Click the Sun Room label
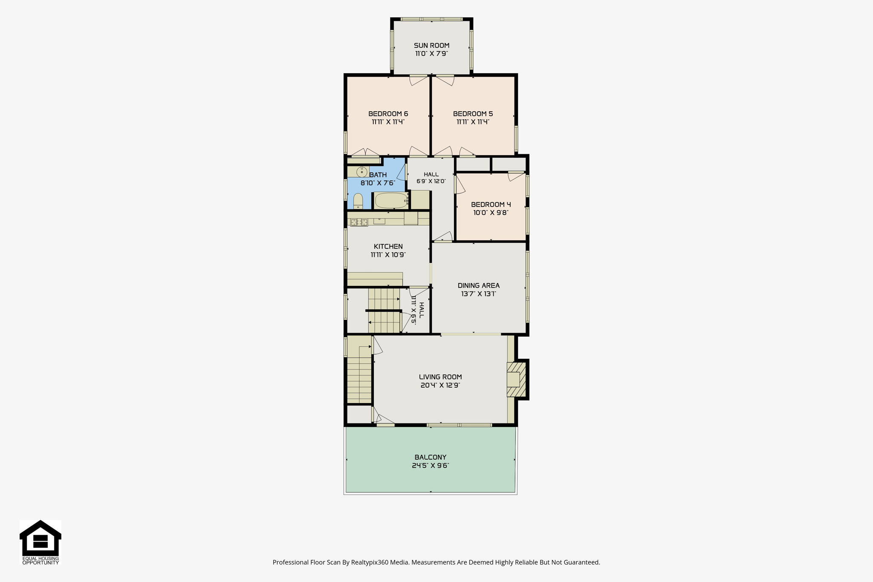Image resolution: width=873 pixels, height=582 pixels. point(431,46)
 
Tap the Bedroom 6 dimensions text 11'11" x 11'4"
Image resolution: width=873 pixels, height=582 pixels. point(388,122)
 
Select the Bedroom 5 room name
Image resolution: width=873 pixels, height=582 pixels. point(473,114)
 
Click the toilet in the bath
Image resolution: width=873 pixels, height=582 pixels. point(358,201)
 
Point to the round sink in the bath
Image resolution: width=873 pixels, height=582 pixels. point(362,172)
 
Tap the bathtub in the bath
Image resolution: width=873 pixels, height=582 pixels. point(391,201)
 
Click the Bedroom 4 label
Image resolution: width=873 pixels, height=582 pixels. point(491,205)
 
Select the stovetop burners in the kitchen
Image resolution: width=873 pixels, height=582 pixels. point(359,222)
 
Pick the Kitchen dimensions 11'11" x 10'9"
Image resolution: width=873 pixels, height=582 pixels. point(388,255)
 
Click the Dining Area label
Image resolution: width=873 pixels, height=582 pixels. point(479,285)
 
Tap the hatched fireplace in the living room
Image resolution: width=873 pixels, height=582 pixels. point(516,380)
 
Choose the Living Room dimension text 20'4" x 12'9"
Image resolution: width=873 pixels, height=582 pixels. point(440,385)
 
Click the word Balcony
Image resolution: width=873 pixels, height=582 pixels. point(431,457)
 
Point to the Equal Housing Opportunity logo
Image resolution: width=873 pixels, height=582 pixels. point(40,542)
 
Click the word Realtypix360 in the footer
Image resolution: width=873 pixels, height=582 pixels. point(370,562)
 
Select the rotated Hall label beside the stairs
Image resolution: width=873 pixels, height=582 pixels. point(421,310)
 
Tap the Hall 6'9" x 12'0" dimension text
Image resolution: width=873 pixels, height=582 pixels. point(431,181)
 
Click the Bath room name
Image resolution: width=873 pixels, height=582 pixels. point(378,175)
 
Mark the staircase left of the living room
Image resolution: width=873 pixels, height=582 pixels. point(359,369)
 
